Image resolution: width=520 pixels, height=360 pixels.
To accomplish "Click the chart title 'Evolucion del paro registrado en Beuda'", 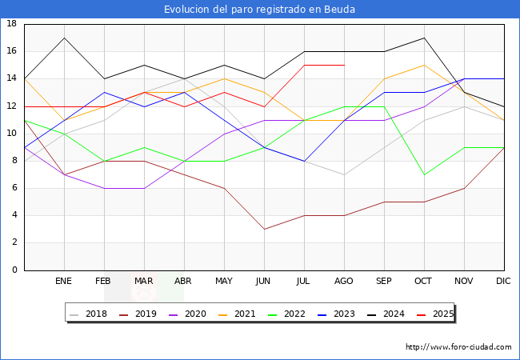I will coord(259,9).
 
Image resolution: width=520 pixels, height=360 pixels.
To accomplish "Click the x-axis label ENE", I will coord(64,282).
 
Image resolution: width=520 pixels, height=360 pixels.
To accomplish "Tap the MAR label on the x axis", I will coord(144,282).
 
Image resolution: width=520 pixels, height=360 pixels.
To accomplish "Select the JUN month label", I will coord(264,282).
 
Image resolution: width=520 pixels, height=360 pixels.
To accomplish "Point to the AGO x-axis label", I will coord(344,282).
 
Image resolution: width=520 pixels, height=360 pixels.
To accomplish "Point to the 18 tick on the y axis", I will coord(12,24).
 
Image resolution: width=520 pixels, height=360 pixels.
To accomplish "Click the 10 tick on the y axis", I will coord(12,134).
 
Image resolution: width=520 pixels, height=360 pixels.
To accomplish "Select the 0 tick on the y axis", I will coord(14,270).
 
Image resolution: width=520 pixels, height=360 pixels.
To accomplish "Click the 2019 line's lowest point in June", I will coord(264,229).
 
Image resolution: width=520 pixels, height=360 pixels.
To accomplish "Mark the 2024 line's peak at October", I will coord(424,38).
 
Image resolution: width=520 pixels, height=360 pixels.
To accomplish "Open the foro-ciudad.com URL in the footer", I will coord(458,347).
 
